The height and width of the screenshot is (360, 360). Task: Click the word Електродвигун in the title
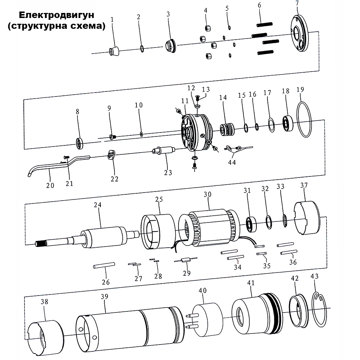(x=56, y=16)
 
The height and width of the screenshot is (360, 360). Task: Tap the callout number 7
(x=297, y=3)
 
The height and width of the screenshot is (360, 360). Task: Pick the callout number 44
(x=232, y=163)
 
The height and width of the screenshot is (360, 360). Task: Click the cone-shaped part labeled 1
(x=114, y=52)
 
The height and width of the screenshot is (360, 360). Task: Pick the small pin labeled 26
(x=104, y=266)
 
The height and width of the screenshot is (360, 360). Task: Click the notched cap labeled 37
(x=307, y=218)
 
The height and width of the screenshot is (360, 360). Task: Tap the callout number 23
(x=168, y=173)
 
